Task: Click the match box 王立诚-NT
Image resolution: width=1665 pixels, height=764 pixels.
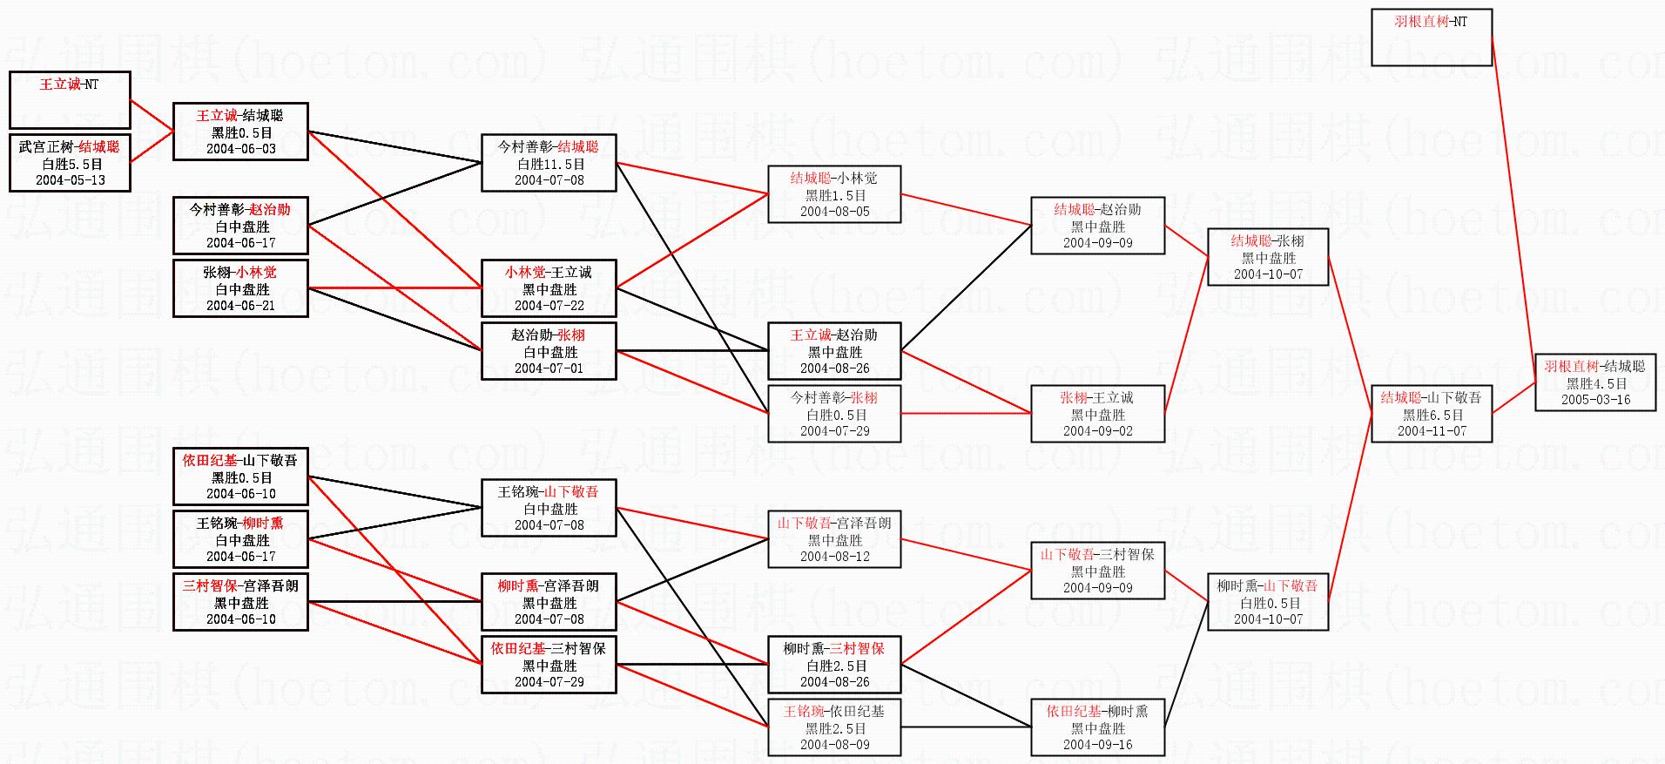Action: [x=70, y=99]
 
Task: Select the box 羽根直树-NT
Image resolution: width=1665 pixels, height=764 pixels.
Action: [x=1431, y=37]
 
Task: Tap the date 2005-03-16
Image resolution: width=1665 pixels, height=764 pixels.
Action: [x=1595, y=400]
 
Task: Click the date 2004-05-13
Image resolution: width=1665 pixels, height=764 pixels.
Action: [x=71, y=180]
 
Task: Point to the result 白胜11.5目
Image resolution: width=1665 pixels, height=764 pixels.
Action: [x=549, y=164]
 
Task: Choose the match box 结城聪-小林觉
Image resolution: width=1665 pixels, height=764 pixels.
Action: [x=834, y=194]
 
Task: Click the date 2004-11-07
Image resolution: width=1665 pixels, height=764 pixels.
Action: [x=1432, y=431]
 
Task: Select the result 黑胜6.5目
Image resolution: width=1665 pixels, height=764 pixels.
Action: [x=1432, y=415]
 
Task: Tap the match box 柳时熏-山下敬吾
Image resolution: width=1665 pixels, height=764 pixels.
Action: [x=1267, y=602]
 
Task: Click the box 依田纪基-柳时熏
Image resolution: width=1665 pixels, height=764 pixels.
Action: [x=1097, y=727]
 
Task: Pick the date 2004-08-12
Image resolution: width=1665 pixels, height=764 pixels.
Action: [x=834, y=557]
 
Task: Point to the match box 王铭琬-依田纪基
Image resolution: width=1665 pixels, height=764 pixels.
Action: [x=834, y=727]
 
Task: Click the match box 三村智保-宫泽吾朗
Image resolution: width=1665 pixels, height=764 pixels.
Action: [x=240, y=602]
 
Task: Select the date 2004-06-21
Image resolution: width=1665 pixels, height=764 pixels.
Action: [x=240, y=306]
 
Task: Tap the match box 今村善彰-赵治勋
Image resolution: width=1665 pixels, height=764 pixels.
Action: [x=240, y=226]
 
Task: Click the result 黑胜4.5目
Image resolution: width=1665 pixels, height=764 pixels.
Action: [x=1595, y=383]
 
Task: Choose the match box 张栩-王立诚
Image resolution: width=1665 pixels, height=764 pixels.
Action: [x=1097, y=414]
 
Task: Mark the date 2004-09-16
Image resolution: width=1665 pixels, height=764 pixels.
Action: [x=1097, y=745]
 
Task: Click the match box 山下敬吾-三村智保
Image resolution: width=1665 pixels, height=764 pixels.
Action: [x=1097, y=571]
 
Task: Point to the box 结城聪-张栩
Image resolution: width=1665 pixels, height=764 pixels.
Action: [x=1267, y=257]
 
